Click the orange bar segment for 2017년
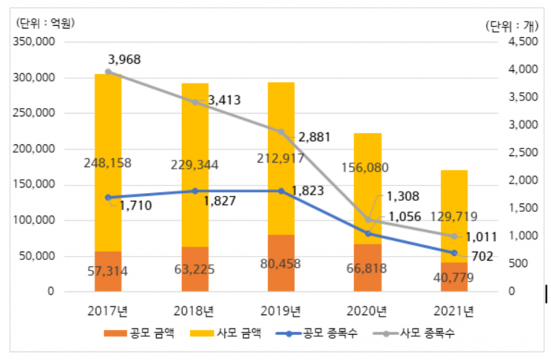click(x=108, y=271)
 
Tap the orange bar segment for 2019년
click(x=281, y=263)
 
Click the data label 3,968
click(x=124, y=59)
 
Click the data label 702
click(x=481, y=258)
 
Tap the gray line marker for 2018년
click(x=195, y=102)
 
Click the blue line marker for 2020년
click(x=368, y=234)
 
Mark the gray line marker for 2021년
click(x=454, y=237)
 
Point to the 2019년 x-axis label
click(x=281, y=309)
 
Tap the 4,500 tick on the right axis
click(x=523, y=42)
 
